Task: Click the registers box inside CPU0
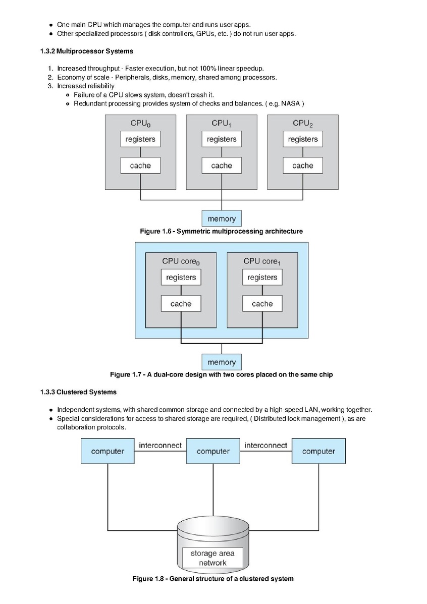pyautogui.click(x=140, y=139)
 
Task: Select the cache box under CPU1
pyautogui.click(x=222, y=166)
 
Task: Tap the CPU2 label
pyautogui.click(x=303, y=123)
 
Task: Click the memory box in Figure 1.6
pyautogui.click(x=222, y=218)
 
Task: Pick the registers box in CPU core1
pyautogui.click(x=262, y=278)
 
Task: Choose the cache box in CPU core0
pyautogui.click(x=181, y=304)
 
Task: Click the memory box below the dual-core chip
pyautogui.click(x=222, y=362)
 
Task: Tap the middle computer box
pyautogui.click(x=213, y=451)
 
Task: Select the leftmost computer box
pyautogui.click(x=108, y=451)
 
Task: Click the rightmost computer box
pyautogui.click(x=318, y=451)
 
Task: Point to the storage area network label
pyautogui.click(x=212, y=558)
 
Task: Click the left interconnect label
pyautogui.click(x=161, y=445)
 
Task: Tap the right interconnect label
pyautogui.click(x=266, y=445)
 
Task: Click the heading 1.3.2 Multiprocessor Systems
pyautogui.click(x=87, y=51)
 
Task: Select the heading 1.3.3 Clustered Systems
pyautogui.click(x=78, y=392)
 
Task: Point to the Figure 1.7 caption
pyautogui.click(x=221, y=374)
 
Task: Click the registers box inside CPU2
pyautogui.click(x=303, y=139)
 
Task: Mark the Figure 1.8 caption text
pyautogui.click(x=213, y=579)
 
